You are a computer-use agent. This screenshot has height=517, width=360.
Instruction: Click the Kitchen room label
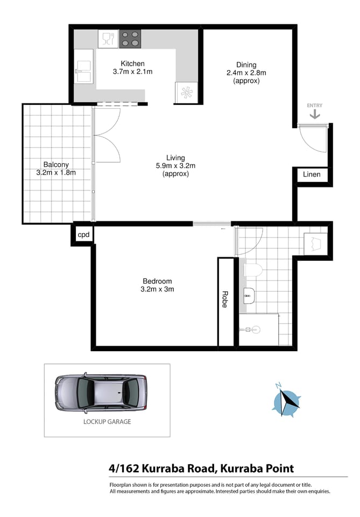pos(132,64)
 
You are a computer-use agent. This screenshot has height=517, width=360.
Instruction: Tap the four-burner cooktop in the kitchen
pos(130,39)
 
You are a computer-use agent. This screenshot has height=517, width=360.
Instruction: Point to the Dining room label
pos(246,65)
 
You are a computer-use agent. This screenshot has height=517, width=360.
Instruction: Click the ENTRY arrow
pos(314,114)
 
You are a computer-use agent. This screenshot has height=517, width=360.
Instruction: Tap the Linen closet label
pos(312,174)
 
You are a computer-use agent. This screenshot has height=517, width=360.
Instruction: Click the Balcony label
pos(56,165)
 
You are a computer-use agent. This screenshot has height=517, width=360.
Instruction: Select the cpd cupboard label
pos(83,235)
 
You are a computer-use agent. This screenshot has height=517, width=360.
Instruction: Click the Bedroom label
pos(157,281)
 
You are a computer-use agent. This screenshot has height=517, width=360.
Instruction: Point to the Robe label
pos(225,299)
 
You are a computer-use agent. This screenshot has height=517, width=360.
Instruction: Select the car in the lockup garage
pos(101,392)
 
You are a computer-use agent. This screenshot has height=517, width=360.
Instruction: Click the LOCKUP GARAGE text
pos(107,422)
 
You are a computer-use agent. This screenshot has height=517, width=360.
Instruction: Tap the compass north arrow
pos(286,400)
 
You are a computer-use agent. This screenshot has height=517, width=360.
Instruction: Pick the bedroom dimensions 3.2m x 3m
pos(157,289)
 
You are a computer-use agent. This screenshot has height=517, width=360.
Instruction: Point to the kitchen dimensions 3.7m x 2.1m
pos(132,72)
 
